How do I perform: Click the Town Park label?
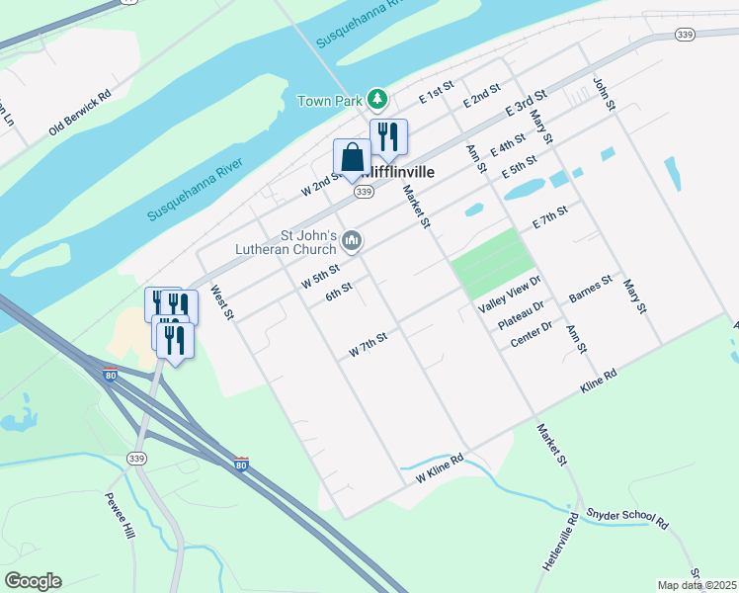329,101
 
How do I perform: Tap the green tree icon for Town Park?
376,99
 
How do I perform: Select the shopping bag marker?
353,159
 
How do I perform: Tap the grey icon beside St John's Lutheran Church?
353,241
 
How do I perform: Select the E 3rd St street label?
526,104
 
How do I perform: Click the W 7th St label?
368,346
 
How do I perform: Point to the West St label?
221,303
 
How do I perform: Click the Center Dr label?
532,335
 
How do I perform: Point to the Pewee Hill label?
119,514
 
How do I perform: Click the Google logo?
33,581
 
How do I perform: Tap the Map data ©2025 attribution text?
697,585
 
